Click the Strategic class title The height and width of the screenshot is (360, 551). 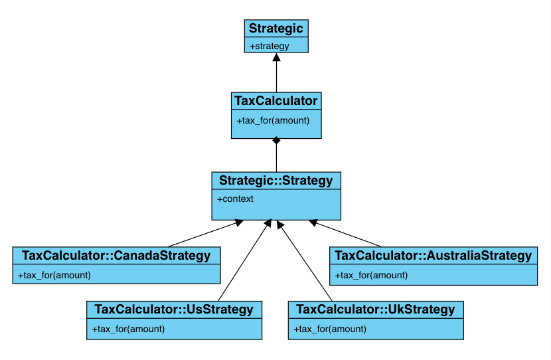coord(276,29)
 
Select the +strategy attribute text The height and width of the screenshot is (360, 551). coord(270,46)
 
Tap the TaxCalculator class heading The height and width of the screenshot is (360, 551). coord(276,101)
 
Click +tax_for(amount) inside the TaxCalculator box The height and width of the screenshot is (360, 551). coord(273,121)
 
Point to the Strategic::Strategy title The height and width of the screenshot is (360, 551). coord(276,181)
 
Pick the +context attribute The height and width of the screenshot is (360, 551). coord(235,199)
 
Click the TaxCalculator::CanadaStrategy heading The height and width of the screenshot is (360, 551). coord(116,256)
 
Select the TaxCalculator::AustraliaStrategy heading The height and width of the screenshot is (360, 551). coord(433,256)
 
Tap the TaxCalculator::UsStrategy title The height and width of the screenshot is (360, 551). coord(174,310)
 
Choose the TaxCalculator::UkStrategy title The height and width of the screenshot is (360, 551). coord(376,310)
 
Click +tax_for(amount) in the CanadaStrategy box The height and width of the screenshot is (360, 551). coord(54,275)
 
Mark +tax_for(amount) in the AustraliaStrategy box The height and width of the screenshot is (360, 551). coord(372,275)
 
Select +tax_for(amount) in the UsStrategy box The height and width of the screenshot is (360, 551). coord(128,329)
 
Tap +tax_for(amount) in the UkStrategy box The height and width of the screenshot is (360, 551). coord(330,329)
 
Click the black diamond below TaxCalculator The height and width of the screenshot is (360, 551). coord(277,141)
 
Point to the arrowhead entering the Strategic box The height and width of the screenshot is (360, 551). coord(277,57)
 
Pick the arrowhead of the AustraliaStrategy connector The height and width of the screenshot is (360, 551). coord(313,223)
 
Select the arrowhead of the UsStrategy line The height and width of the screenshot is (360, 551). coord(268,223)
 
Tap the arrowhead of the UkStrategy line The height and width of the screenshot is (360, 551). coord(280,225)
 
